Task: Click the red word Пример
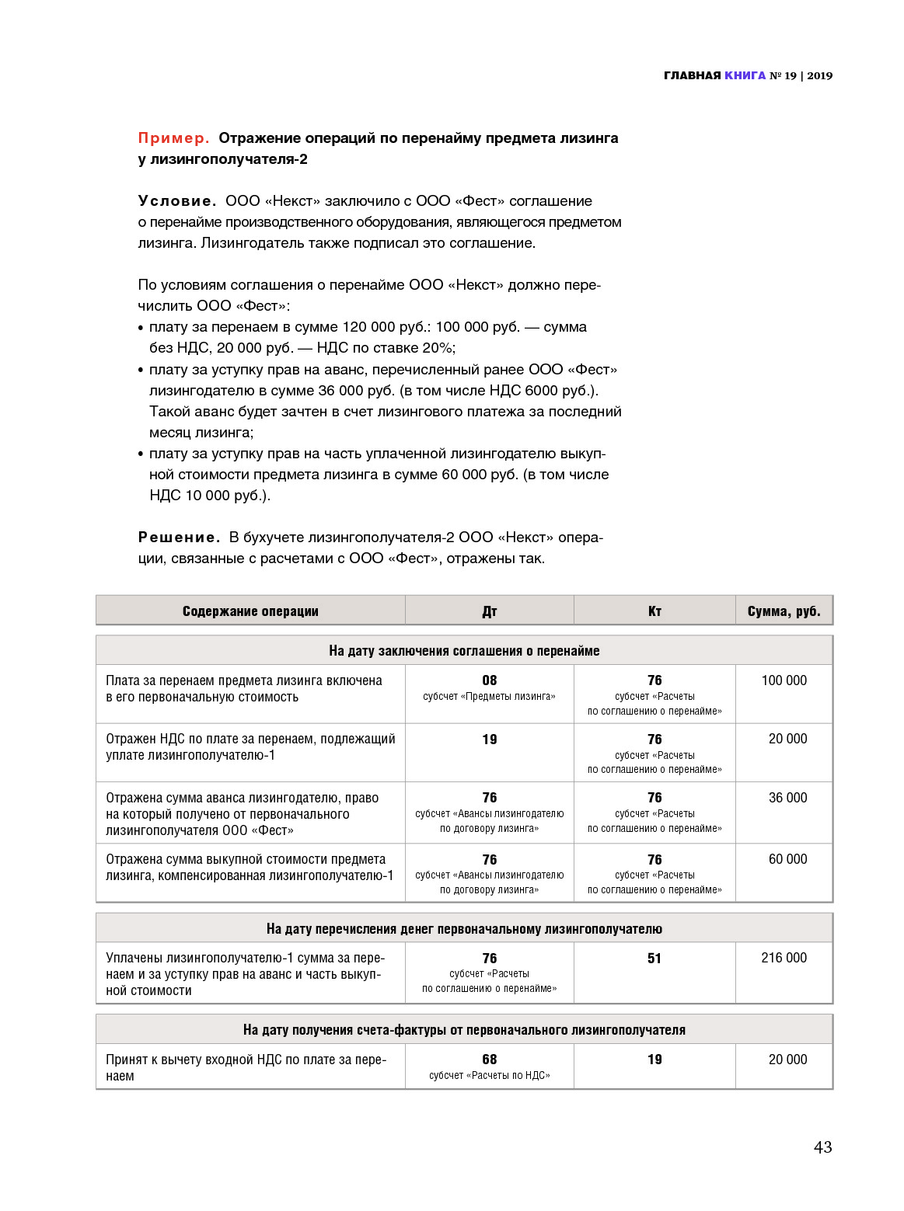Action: click(173, 138)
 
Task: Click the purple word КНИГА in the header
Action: click(745, 75)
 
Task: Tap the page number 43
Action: click(822, 1147)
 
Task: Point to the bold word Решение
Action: click(179, 538)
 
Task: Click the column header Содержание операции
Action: click(250, 611)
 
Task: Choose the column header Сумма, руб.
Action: click(784, 611)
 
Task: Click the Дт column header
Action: click(490, 611)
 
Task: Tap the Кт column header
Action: click(654, 611)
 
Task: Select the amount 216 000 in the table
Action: click(784, 958)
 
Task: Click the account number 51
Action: click(654, 959)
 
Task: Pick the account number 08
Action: click(490, 680)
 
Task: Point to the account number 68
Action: click(490, 1060)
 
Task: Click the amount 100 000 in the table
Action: click(784, 680)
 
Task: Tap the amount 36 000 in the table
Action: click(787, 798)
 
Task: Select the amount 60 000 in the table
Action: click(787, 859)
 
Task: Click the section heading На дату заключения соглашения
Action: click(464, 651)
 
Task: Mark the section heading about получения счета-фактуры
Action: click(464, 1030)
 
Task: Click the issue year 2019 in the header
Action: click(819, 75)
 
